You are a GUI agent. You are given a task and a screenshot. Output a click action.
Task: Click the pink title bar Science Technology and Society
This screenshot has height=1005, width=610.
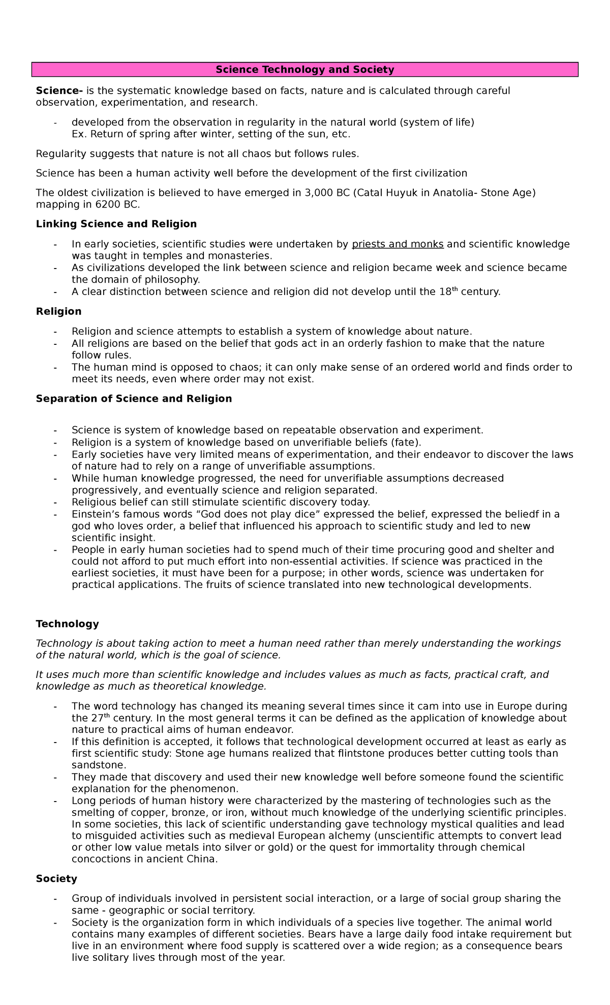305,70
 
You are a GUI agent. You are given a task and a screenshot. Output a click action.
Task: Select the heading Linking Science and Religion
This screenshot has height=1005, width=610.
116,224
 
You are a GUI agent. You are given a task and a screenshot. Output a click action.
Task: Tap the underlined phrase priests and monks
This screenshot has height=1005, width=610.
398,244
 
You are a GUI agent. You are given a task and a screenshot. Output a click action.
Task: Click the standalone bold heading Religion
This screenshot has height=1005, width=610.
58,311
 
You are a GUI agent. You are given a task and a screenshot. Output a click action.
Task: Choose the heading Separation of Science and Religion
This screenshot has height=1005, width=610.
134,399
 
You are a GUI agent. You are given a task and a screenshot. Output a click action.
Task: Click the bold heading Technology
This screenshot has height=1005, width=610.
67,624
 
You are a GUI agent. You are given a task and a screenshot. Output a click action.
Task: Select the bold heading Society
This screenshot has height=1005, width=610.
56,879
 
